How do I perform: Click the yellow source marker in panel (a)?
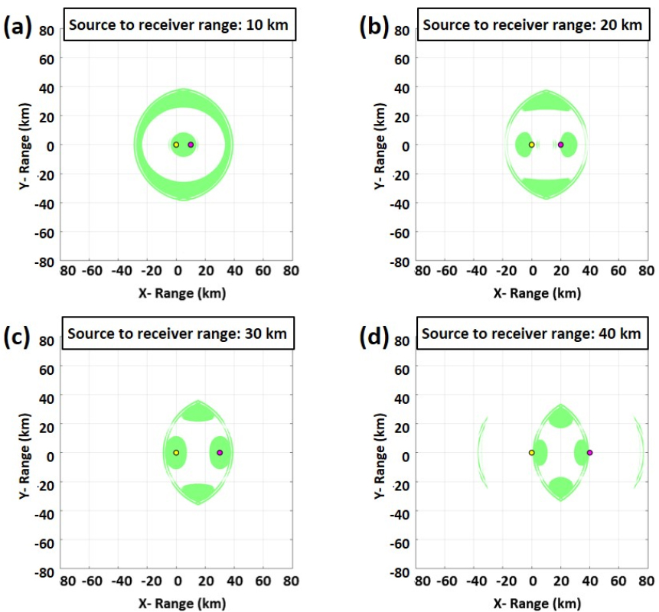[176, 145]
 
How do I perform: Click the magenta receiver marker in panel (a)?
[191, 145]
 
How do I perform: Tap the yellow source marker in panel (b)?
[531, 145]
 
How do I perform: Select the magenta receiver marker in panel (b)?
[560, 145]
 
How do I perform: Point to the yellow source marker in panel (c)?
[176, 453]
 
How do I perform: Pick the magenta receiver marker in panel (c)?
[220, 453]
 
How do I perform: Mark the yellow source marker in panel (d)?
[531, 453]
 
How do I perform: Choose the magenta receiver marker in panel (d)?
[589, 453]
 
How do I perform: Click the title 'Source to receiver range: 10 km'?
[178, 25]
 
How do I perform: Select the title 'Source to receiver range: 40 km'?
[531, 334]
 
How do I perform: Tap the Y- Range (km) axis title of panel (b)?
[379, 145]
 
